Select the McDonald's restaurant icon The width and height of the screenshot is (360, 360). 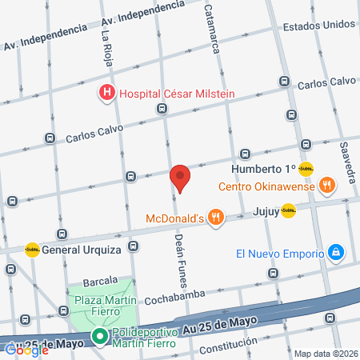pos(214,217)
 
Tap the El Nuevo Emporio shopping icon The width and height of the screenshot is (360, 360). pos(336,254)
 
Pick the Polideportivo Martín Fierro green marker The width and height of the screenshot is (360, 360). pos(100,337)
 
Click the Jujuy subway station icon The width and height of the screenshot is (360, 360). pos(288,210)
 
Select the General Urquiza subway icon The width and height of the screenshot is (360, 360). pos(33,250)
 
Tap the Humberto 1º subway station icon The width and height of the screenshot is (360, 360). pos(306,169)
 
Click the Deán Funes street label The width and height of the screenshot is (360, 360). pos(181,256)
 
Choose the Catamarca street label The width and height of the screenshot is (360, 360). pos(212,29)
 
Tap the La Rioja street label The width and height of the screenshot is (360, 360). pos(106,46)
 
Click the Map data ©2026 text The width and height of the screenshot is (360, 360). pos(326,354)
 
